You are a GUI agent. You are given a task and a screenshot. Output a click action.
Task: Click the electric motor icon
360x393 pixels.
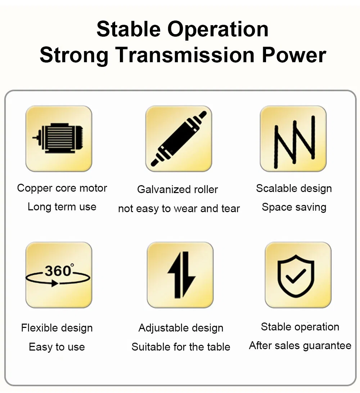58,138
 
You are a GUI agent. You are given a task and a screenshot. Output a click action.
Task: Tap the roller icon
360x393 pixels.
179,138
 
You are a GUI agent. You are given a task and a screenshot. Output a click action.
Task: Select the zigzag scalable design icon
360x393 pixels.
294,142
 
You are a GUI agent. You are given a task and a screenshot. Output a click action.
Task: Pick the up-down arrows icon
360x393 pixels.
181,275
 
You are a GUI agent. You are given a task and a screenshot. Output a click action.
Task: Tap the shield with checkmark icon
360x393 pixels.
296,276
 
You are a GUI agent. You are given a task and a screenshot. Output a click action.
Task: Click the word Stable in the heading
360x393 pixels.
129,29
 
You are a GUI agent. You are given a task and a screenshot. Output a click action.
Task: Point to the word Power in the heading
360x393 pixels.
294,55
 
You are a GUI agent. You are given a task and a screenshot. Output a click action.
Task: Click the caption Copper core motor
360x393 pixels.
62,188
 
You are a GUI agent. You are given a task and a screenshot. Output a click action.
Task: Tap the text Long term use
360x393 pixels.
62,207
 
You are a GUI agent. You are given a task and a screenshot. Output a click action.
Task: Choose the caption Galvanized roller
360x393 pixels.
177,189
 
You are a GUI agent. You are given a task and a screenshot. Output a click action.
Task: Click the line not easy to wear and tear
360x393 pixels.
179,209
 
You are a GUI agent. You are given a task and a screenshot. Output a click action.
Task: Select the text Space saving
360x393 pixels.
294,207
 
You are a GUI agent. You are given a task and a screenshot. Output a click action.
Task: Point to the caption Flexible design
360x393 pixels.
57,328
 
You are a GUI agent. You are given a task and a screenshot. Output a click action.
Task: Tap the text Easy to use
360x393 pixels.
57,347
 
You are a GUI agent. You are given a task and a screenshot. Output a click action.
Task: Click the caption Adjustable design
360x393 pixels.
181,328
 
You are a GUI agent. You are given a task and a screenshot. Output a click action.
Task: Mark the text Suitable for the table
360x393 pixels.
181,347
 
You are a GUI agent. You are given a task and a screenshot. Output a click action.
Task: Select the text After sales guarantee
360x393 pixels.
300,346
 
